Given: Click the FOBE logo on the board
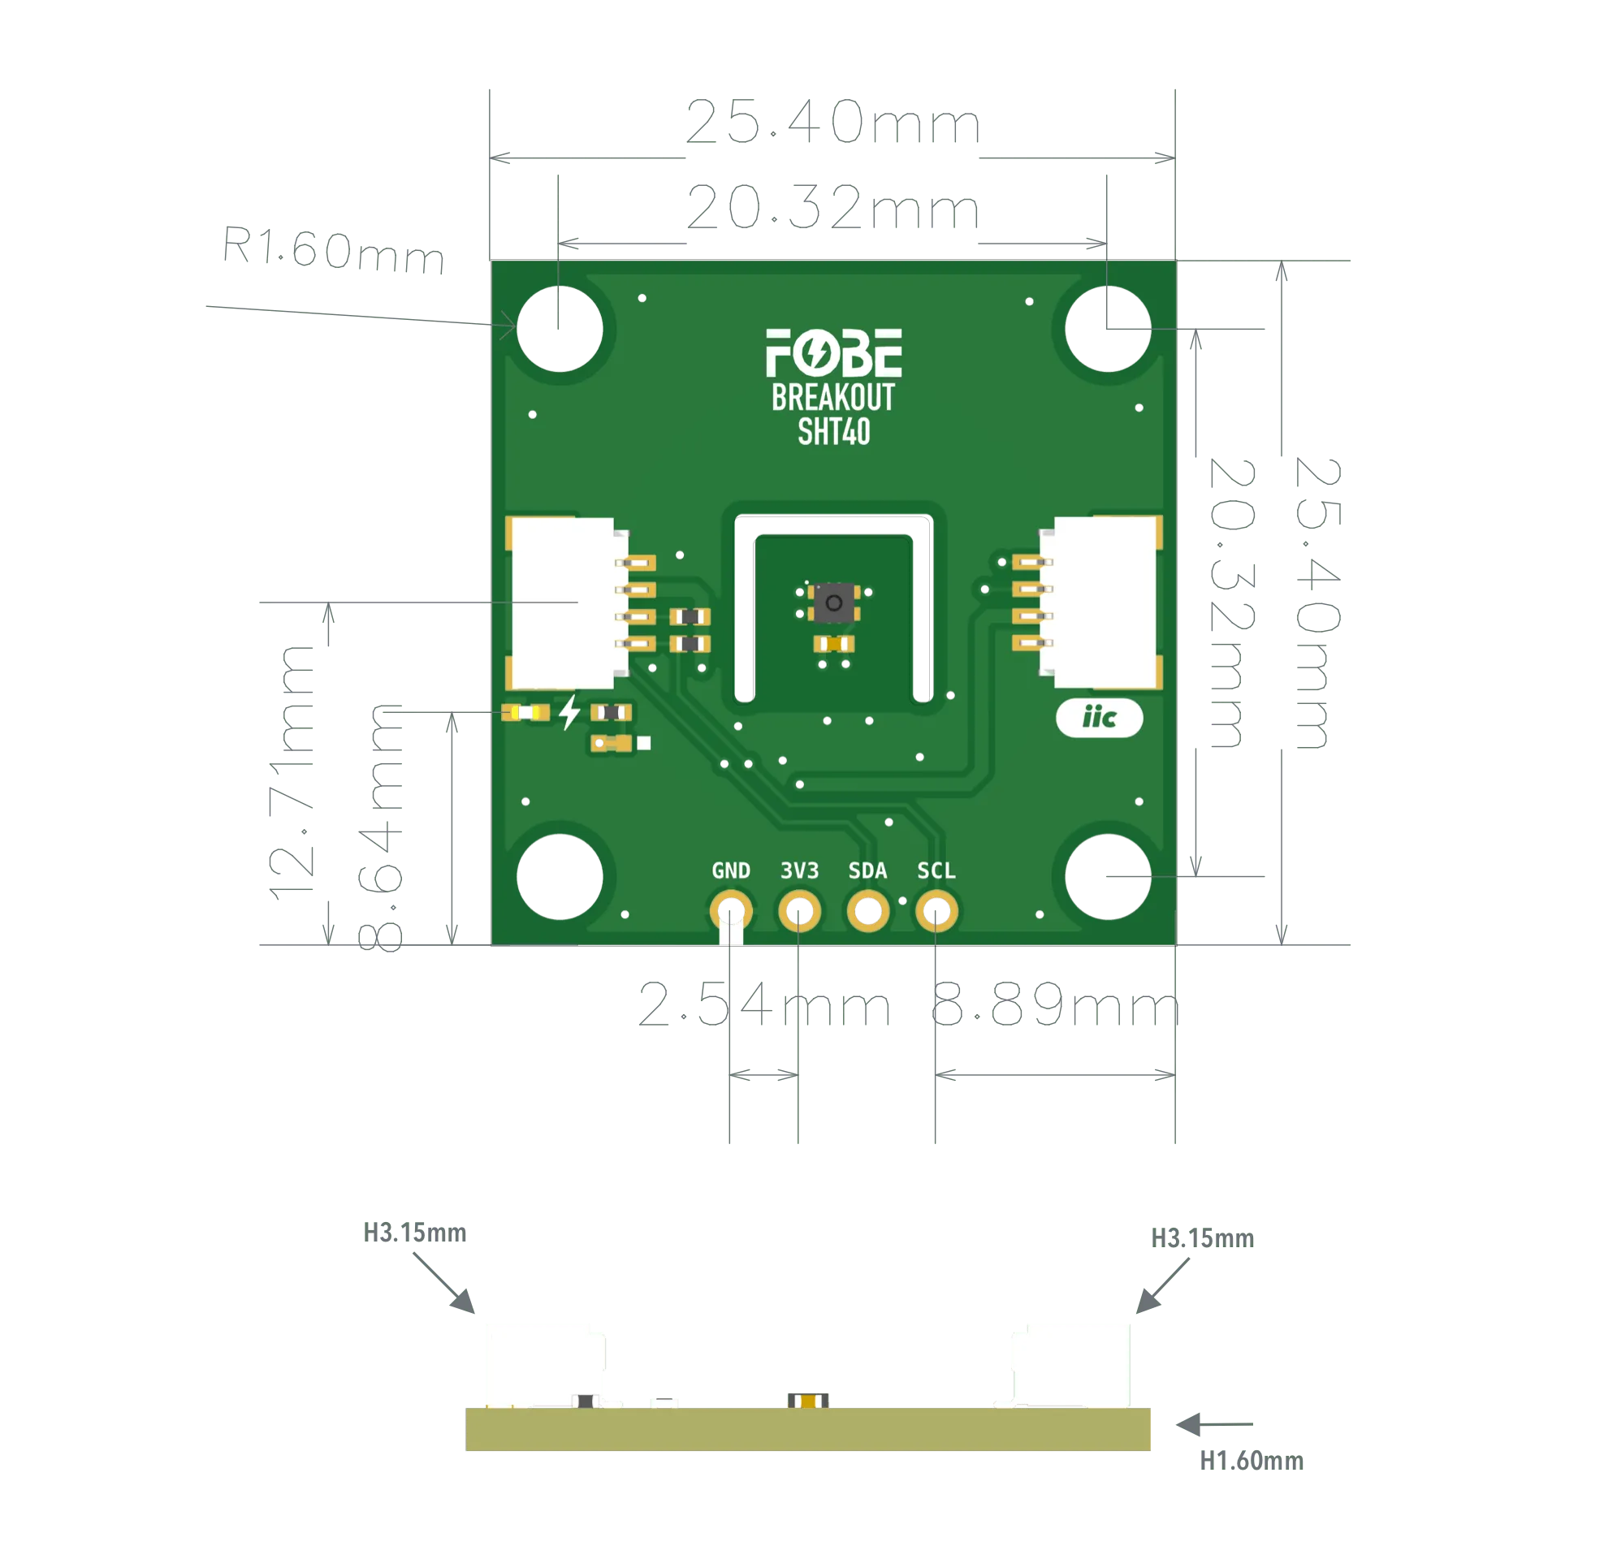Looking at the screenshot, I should [833, 353].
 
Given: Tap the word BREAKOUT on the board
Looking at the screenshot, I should [833, 398].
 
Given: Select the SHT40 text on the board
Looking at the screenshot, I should [833, 432].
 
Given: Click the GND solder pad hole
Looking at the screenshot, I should [731, 912].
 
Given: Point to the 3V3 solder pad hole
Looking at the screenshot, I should [799, 912].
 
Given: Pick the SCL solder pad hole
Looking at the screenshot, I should [936, 912].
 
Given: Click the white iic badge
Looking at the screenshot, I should [1099, 719].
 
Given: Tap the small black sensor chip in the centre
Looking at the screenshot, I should [833, 602].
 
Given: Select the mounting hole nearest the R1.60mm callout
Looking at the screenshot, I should [560, 328].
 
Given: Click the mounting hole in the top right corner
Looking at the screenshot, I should [1107, 328].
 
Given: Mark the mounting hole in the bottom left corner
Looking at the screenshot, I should [560, 877].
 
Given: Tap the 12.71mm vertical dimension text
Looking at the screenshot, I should [294, 771].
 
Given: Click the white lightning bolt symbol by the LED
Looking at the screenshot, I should [569, 712].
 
